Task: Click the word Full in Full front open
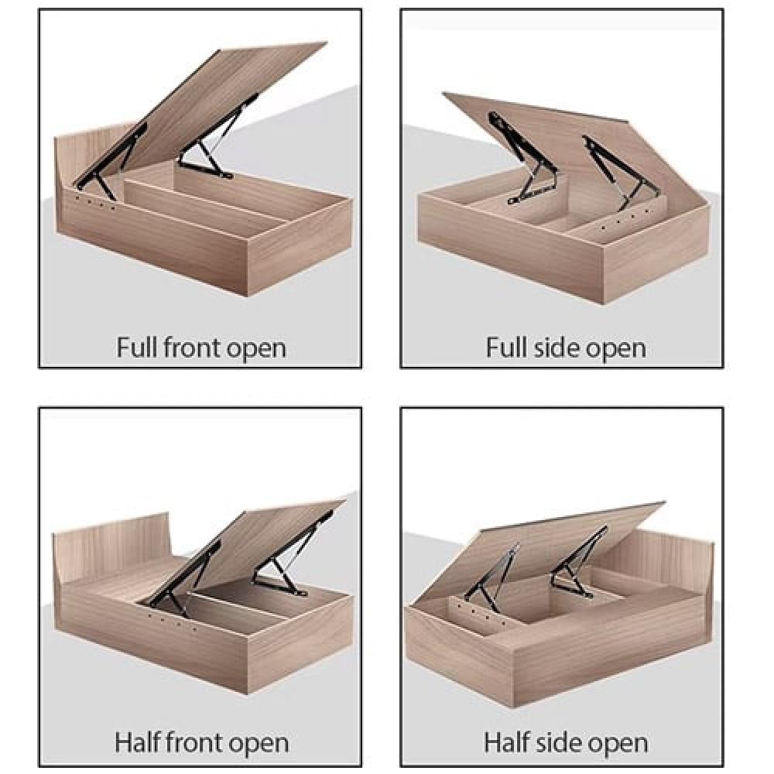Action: pyautogui.click(x=137, y=347)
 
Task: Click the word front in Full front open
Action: pyautogui.click(x=193, y=347)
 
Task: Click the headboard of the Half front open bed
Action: pyautogui.click(x=108, y=546)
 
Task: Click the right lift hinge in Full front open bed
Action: pyautogui.click(x=213, y=147)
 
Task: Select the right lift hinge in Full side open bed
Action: pyautogui.click(x=615, y=166)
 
